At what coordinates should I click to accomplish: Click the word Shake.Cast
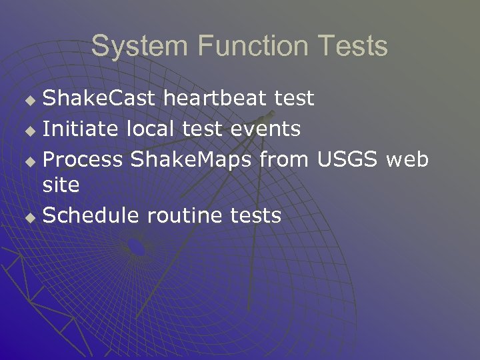tap(100, 99)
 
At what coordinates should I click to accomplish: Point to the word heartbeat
tap(215, 99)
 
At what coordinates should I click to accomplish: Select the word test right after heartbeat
tap(294, 99)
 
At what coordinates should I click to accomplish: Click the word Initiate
tap(76, 128)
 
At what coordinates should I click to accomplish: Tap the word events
tap(265, 128)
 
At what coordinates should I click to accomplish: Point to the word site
tap(61, 185)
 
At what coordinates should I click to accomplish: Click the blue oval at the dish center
tap(137, 247)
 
